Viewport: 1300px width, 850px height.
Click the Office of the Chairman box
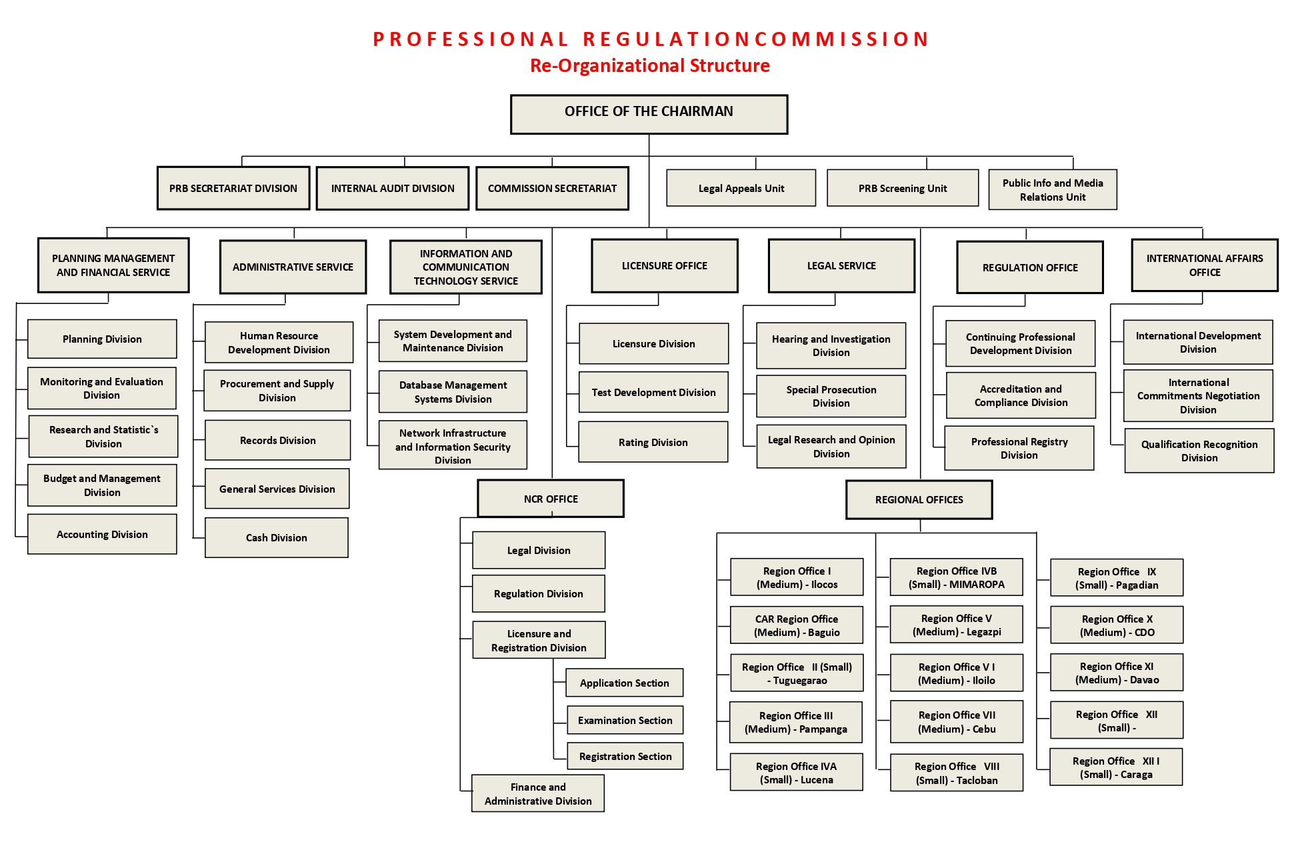coord(649,114)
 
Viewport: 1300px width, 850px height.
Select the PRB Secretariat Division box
coord(233,188)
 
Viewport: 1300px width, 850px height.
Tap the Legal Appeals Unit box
coord(741,188)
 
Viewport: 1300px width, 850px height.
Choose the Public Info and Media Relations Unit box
coord(1053,189)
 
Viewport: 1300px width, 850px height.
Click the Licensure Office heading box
coord(665,265)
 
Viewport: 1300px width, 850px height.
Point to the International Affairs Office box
coord(1205,265)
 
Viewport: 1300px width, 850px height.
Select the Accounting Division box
coord(102,534)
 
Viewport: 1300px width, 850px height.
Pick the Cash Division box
coord(277,537)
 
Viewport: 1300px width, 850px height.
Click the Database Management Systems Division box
coord(453,392)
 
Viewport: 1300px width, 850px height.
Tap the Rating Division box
coord(653,442)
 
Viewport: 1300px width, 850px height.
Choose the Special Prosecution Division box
coord(831,396)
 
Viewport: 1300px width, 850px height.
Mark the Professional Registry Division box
coord(1019,448)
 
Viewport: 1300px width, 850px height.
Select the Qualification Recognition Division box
coord(1199,451)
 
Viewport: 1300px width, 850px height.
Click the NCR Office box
coord(551,499)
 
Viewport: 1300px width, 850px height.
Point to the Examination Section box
coord(625,720)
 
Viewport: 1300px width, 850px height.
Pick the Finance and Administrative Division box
coord(538,793)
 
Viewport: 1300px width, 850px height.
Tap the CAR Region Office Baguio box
coord(797,625)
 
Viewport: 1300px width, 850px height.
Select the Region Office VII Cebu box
coord(957,722)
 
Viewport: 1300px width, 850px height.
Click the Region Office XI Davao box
coord(1117,673)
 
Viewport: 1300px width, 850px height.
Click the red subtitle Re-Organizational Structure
coord(650,65)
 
